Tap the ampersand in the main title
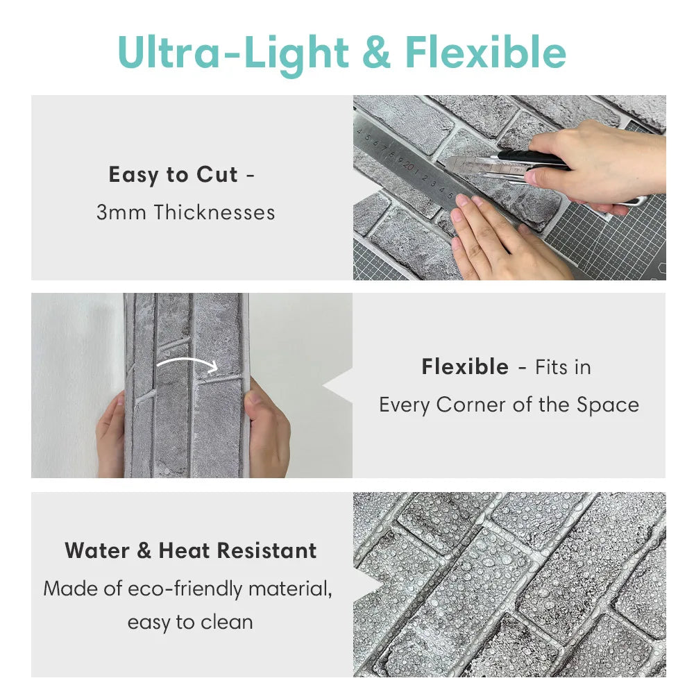tap(376, 52)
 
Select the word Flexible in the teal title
tap(486, 52)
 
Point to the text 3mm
tap(121, 212)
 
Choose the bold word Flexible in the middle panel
tap(465, 367)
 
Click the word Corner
tap(471, 405)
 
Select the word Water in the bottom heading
tap(97, 551)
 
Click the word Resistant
tap(267, 551)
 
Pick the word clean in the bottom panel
tap(227, 623)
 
